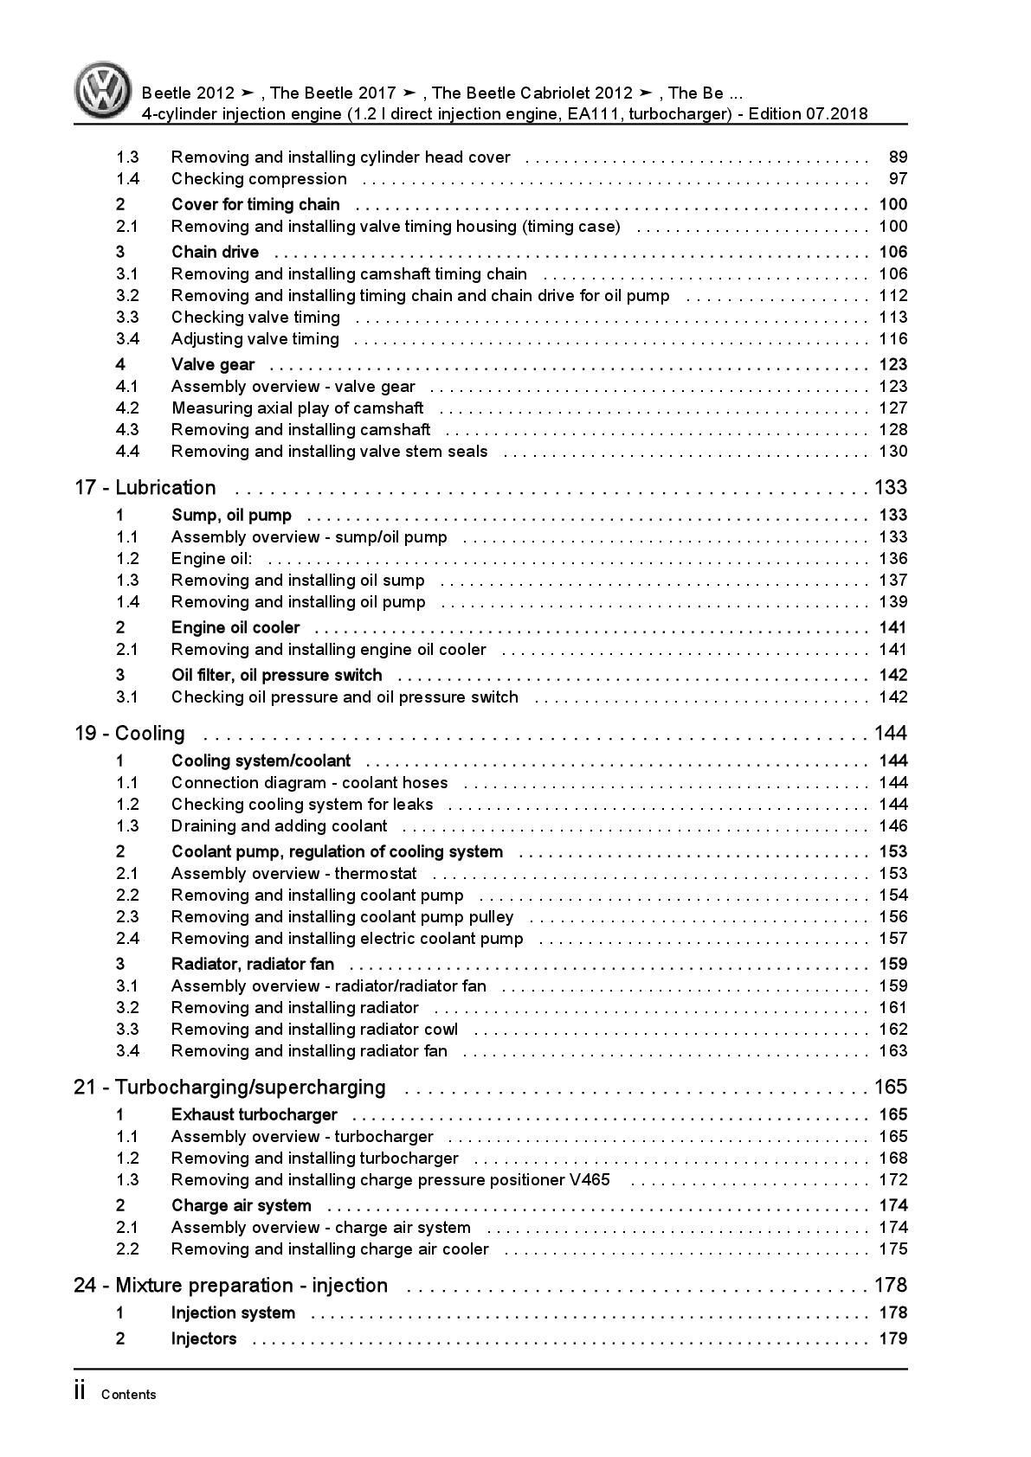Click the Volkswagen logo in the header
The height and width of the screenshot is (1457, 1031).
[103, 90]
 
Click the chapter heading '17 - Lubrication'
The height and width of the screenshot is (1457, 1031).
[145, 488]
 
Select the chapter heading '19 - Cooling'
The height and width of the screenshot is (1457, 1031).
[129, 734]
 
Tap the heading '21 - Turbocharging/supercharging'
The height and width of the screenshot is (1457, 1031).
[229, 1088]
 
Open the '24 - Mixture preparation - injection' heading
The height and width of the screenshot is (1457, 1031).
[230, 1286]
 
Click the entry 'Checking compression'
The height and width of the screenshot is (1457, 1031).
[259, 179]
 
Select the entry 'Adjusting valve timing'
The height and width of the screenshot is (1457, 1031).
[255, 339]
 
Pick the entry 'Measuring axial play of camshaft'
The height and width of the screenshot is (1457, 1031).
[297, 408]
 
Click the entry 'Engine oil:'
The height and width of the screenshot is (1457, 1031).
[212, 559]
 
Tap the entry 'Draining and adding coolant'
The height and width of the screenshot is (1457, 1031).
[279, 826]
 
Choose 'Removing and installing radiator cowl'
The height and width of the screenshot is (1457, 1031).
[314, 1030]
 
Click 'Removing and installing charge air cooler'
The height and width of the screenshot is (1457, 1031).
[330, 1249]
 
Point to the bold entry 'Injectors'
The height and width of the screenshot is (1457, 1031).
[203, 1339]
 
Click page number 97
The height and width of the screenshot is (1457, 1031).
[898, 179]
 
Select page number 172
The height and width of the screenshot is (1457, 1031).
[892, 1180]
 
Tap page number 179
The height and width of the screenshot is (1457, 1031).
[892, 1339]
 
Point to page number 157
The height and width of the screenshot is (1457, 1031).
[892, 939]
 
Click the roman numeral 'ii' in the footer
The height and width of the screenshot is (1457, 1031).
[80, 1392]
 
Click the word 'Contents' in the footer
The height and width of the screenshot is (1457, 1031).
[129, 1395]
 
